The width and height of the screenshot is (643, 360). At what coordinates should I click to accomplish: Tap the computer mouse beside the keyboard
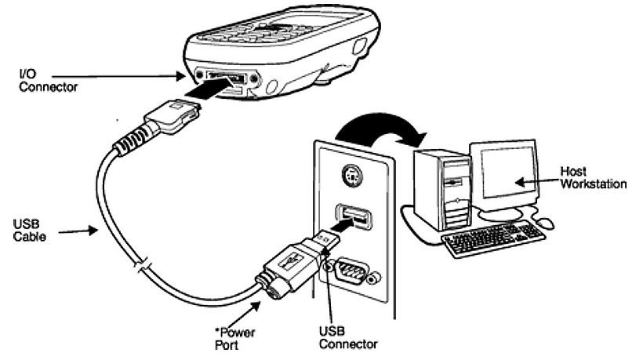(547, 224)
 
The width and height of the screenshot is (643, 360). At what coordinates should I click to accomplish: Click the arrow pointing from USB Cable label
(78, 231)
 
